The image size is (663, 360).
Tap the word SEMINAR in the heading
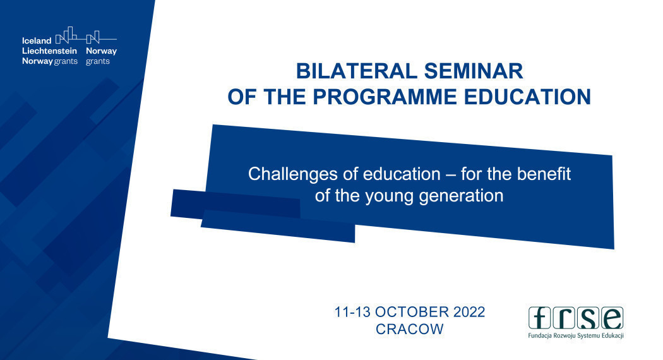474,71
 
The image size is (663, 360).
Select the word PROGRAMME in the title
385,97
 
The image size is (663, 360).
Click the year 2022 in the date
469,312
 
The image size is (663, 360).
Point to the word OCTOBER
412,312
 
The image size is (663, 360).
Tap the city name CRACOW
409,329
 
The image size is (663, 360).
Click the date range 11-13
352,312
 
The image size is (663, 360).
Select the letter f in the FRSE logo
539,318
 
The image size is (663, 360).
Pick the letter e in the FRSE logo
612,318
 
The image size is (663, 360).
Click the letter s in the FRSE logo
588,318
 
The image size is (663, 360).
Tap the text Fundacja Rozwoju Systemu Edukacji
576,335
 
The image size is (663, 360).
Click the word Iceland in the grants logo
37,40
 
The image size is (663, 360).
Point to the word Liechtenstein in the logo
49,51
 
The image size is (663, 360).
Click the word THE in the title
285,97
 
